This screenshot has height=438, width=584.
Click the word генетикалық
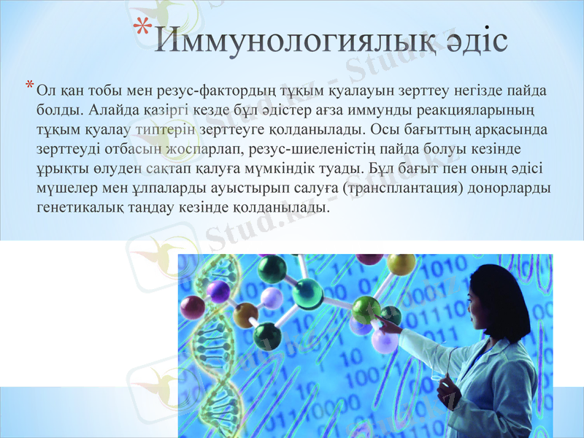point(82,207)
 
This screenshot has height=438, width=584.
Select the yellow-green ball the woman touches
point(366,310)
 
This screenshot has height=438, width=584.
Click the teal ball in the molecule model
point(307,293)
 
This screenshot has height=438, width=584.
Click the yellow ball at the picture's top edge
point(401,264)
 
